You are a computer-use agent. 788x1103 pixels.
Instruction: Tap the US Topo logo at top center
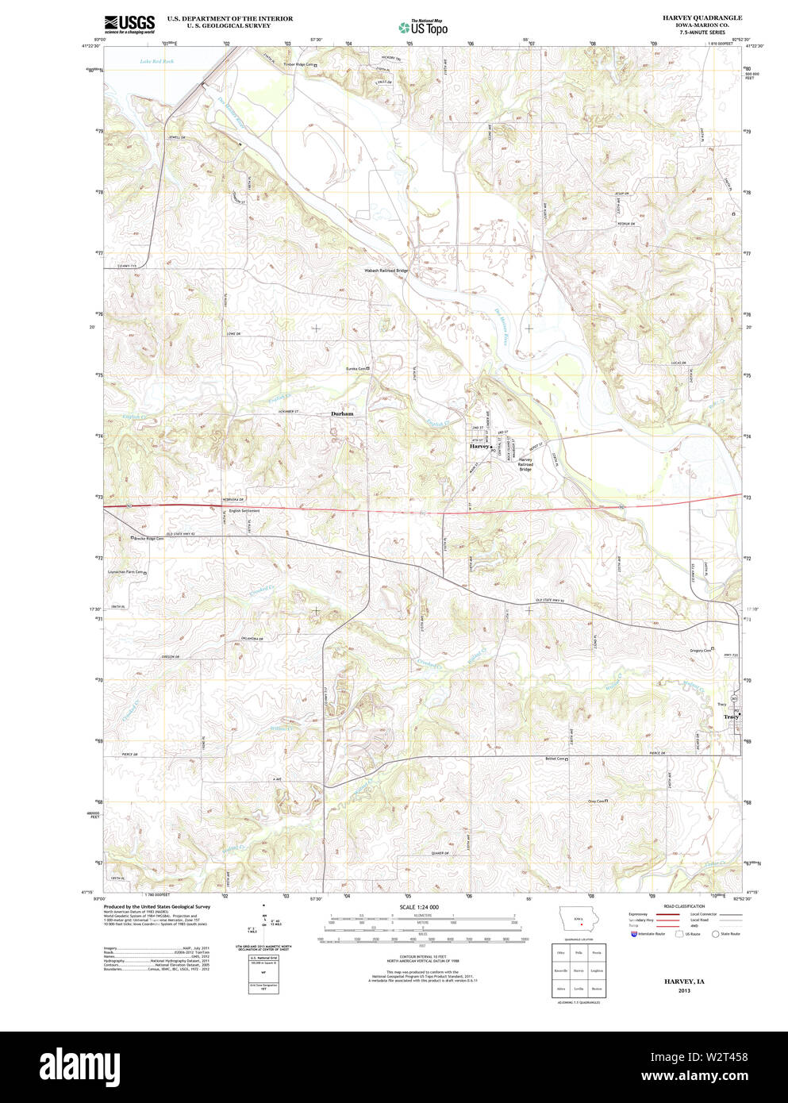coord(423,27)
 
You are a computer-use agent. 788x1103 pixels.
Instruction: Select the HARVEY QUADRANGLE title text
coord(702,17)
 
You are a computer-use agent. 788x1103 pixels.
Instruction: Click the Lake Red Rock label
coord(156,61)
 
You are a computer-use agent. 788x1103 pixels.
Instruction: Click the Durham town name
coord(342,414)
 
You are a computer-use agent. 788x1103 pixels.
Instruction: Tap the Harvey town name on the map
coord(479,447)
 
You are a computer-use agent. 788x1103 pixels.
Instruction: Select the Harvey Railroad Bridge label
coord(525,464)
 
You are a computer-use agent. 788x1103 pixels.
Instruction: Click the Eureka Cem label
coord(356,368)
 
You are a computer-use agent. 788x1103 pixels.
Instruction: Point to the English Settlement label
coord(244,511)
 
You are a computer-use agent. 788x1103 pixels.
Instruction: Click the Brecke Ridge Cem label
coord(148,539)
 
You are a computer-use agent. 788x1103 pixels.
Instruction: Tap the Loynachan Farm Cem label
coord(125,571)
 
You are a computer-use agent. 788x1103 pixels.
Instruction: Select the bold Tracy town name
coord(731,717)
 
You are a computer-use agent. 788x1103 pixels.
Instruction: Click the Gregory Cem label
coord(700,651)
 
